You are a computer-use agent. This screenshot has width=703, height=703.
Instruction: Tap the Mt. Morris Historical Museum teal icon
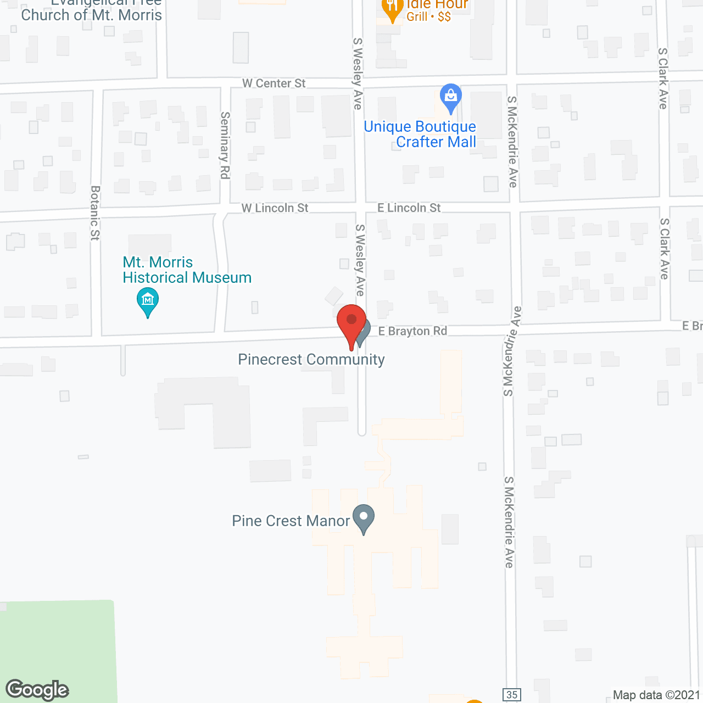point(147,300)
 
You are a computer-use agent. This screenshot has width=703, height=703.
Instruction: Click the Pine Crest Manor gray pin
point(363,518)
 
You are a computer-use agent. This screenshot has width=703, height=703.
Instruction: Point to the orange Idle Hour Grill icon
point(392,8)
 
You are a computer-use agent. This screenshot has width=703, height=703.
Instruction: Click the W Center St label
point(274,83)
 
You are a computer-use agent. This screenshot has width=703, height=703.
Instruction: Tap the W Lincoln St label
point(275,208)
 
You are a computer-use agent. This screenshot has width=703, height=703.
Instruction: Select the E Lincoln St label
point(409,208)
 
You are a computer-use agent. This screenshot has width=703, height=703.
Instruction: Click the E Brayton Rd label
point(412,331)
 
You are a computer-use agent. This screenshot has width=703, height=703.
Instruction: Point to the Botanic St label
point(95,213)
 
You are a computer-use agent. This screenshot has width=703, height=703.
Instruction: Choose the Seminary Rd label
point(225,145)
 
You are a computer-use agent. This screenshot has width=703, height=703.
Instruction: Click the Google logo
point(37,690)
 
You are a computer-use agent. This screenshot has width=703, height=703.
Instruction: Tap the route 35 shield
point(512,695)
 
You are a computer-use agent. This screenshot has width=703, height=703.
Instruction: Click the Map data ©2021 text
point(656,695)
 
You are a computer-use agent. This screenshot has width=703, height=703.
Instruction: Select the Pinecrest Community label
point(311,360)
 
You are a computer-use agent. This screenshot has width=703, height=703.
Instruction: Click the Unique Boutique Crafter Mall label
point(420,135)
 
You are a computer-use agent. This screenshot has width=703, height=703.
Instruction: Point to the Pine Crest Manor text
point(291,521)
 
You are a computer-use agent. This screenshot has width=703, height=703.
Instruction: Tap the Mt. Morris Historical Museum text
point(187,270)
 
